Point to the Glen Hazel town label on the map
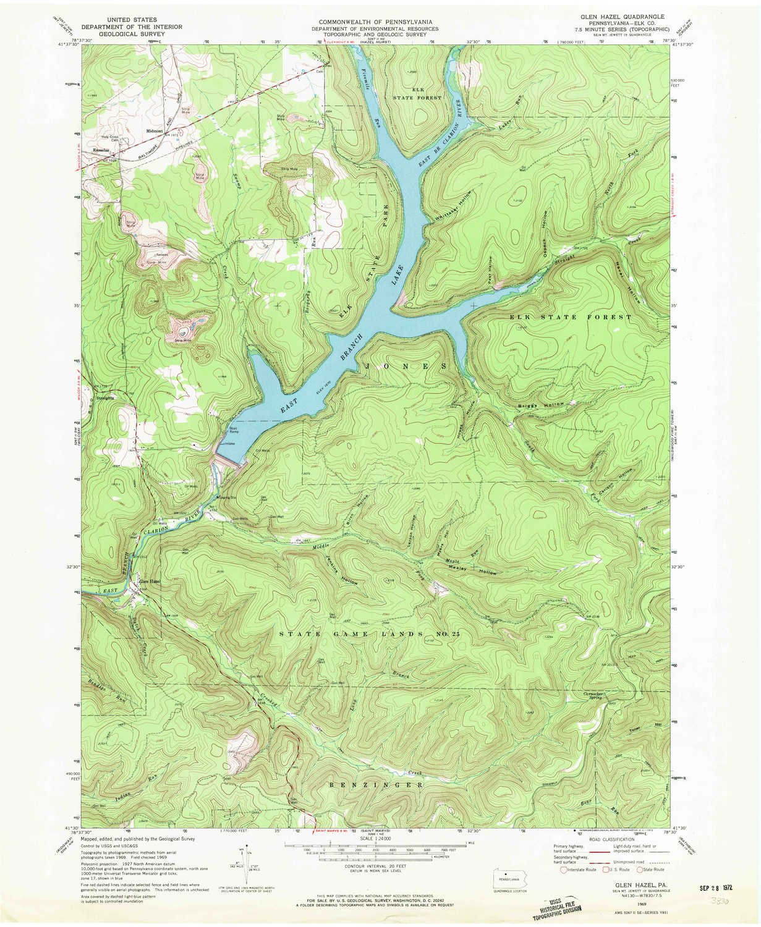tap(149, 582)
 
